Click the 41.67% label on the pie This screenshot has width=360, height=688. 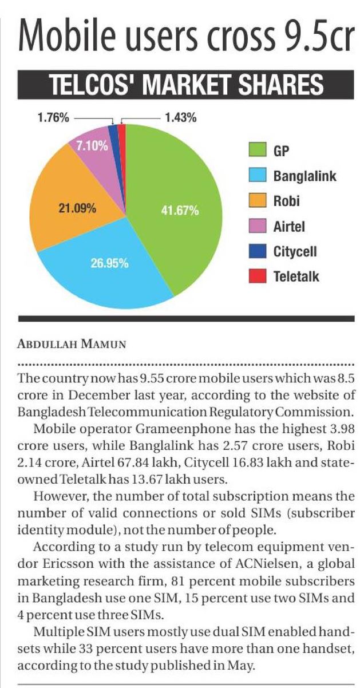tap(180, 211)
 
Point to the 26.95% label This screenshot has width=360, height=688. tap(109, 264)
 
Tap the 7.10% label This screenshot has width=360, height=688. tap(92, 145)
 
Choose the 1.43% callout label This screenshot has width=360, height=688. tap(180, 118)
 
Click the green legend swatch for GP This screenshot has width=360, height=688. tap(258, 151)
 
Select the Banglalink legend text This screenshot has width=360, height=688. tap(304, 176)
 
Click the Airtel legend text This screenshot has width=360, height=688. tap(289, 227)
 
